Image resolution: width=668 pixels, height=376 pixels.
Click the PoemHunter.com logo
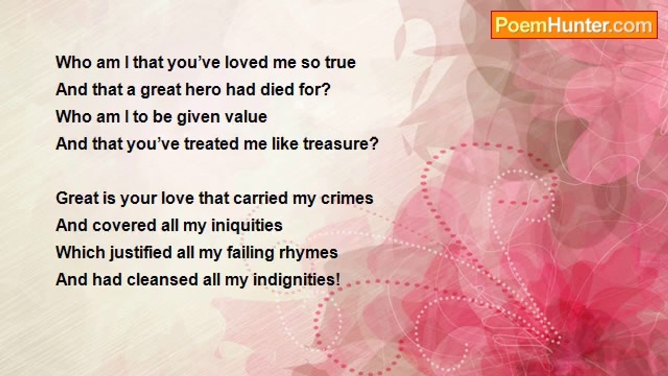(x=574, y=25)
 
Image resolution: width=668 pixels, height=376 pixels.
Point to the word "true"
(x=340, y=63)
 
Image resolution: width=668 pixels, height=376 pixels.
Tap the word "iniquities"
(x=247, y=225)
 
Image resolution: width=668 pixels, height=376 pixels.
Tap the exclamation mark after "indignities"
(x=338, y=280)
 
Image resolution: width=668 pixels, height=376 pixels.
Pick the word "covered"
(x=124, y=225)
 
